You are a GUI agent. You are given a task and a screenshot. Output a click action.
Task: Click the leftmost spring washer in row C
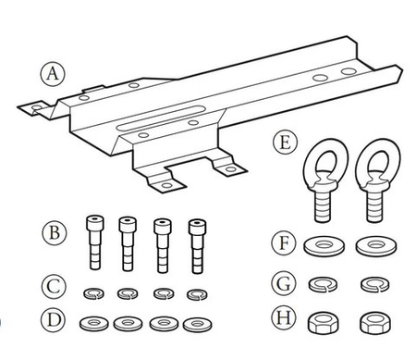pos(92,293)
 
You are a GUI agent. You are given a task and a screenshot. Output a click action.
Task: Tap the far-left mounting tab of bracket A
pos(35,108)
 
